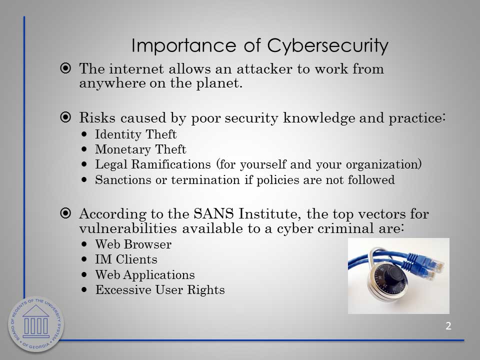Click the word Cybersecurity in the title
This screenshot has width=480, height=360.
click(x=328, y=46)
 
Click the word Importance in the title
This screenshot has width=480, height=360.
click(x=183, y=46)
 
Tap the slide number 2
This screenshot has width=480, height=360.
click(x=448, y=326)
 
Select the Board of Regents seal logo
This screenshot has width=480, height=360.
click(x=36, y=324)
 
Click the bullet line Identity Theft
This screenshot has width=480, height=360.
click(x=135, y=134)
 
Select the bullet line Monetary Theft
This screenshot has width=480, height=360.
click(x=140, y=149)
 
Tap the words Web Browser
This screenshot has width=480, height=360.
click(x=133, y=244)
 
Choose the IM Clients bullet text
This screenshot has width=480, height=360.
click(x=126, y=259)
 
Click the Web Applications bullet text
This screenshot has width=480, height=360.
click(x=145, y=274)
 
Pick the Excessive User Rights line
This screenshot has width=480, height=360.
click(x=160, y=289)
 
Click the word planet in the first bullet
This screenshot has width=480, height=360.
click(x=219, y=83)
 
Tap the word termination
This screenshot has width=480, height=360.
click(x=205, y=179)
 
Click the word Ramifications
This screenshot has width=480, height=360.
click(x=171, y=164)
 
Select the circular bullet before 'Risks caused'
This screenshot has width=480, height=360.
click(x=65, y=117)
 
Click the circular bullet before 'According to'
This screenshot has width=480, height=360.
click(x=65, y=213)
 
